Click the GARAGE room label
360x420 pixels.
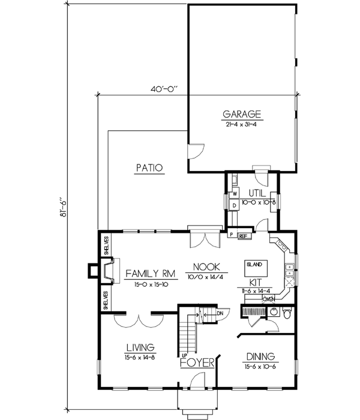[x=242, y=113]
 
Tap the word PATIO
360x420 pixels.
[x=149, y=169]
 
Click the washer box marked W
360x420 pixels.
[x=235, y=194]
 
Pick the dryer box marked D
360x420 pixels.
[x=235, y=205]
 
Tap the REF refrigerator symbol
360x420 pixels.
[x=244, y=236]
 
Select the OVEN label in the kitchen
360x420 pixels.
[x=268, y=299]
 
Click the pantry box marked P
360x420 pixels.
[x=230, y=234]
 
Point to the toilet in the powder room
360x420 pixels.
[x=287, y=313]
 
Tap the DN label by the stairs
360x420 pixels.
[x=220, y=313]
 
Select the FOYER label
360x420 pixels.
[x=194, y=362]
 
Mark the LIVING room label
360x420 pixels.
[x=141, y=347]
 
